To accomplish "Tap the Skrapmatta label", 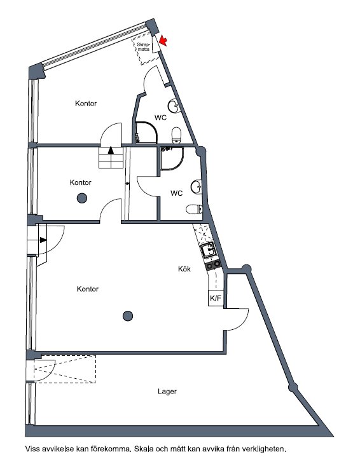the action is (144, 47).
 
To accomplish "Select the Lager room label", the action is (167, 392).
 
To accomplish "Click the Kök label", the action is (184, 269).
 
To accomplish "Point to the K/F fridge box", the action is (216, 298).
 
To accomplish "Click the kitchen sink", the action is (209, 250).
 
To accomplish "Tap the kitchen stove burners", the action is (213, 264).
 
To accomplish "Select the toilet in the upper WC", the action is (176, 135).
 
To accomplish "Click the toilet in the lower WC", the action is (194, 209).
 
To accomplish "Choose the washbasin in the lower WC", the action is (197, 186).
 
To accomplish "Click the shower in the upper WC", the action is (146, 133).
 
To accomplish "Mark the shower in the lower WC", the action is (172, 158).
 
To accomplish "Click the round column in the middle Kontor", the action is (82, 198).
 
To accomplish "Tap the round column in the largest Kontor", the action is (128, 316).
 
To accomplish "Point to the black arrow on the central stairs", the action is (111, 151).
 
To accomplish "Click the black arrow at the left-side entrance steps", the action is (43, 240).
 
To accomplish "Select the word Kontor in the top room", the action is (86, 104).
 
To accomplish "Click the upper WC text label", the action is (160, 118).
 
